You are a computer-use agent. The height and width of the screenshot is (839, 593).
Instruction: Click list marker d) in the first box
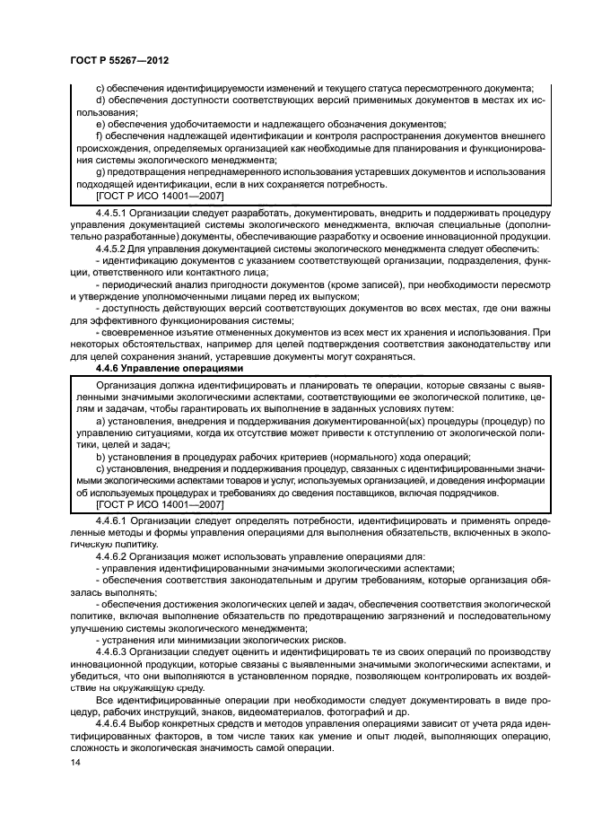pyautogui.click(x=100, y=100)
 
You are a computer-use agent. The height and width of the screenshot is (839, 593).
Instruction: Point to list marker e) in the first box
pyautogui.click(x=100, y=123)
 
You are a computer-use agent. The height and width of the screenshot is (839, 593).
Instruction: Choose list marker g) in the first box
pyautogui.click(x=100, y=170)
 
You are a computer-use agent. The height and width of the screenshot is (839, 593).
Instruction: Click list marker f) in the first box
pyautogui.click(x=99, y=135)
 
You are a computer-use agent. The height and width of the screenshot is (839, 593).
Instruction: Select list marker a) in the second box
pyautogui.click(x=100, y=421)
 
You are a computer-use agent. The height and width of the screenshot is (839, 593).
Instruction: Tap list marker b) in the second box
pyautogui.click(x=100, y=457)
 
